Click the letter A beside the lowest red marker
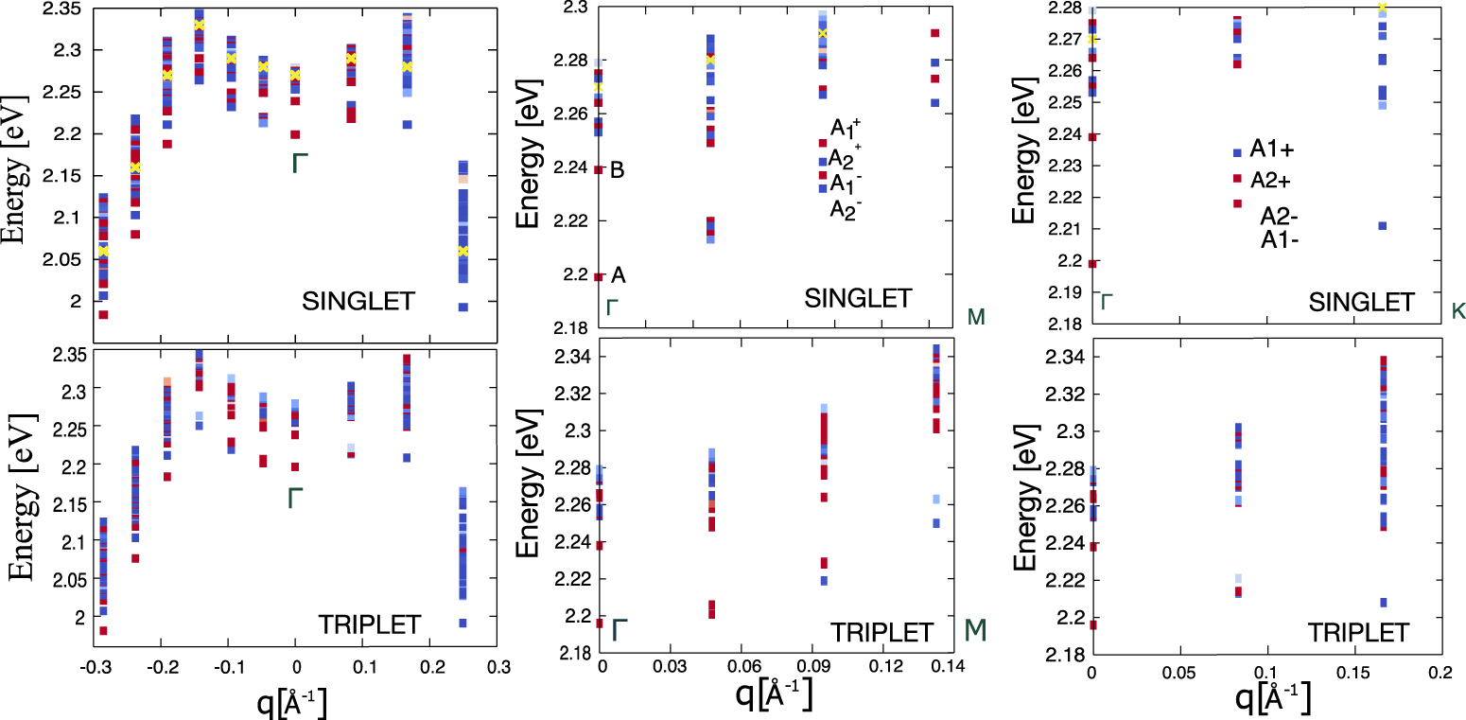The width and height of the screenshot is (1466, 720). coord(619,274)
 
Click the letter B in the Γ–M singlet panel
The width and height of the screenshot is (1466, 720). coord(618,170)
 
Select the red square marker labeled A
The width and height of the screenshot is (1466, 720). coord(599,276)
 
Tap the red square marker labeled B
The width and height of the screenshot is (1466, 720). coord(599,170)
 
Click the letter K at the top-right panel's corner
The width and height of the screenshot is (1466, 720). coord(1457,309)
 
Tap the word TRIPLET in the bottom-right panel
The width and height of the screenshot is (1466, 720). coord(1353,632)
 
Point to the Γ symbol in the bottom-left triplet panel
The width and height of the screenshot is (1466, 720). coord(296,498)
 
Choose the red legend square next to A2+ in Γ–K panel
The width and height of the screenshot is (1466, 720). coord(1237,178)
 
